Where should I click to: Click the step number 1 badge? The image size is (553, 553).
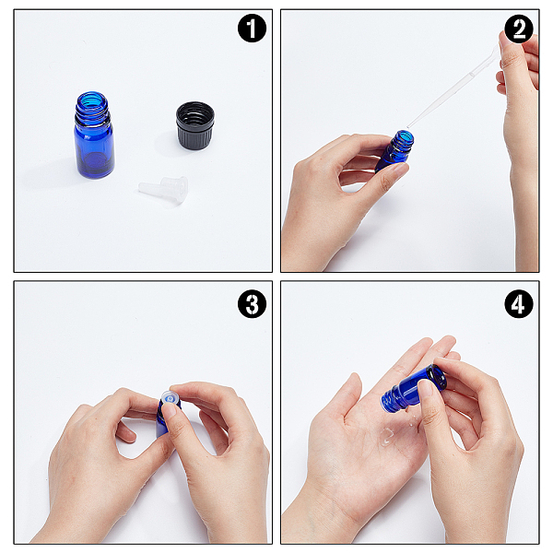[252, 29]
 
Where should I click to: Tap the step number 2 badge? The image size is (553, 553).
[519, 29]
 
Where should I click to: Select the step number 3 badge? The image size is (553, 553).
[252, 303]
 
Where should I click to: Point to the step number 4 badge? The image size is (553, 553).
[519, 303]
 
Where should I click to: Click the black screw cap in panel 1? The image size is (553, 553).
[195, 125]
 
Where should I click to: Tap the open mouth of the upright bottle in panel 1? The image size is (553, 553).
[91, 99]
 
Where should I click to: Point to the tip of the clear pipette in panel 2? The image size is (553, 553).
[408, 127]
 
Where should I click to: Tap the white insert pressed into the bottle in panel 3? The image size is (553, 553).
[170, 399]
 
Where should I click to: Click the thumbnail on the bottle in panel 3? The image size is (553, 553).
[171, 410]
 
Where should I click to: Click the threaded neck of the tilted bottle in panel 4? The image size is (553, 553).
[393, 397]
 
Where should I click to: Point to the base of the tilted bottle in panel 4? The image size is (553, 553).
[437, 377]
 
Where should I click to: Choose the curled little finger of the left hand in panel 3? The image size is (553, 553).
[125, 433]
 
